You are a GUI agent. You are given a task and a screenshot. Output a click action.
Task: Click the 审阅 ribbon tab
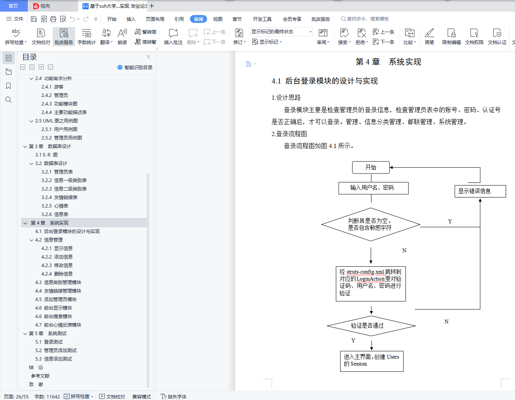(198, 19)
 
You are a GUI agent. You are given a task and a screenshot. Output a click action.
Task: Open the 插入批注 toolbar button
(173, 37)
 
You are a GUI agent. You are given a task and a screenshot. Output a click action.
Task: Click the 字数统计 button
(87, 37)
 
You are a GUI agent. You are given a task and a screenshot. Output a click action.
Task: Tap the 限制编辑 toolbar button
(451, 37)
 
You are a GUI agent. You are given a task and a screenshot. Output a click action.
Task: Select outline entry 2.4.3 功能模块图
(59, 104)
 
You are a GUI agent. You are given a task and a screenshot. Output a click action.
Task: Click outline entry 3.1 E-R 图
(46, 155)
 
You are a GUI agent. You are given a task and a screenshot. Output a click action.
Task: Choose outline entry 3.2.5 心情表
(55, 206)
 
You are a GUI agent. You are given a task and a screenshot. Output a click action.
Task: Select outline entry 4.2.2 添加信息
(57, 257)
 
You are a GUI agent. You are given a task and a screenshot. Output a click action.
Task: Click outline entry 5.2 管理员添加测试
(56, 350)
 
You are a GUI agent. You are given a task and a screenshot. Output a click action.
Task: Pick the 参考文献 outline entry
(40, 376)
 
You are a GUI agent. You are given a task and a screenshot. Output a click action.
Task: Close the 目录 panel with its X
(148, 57)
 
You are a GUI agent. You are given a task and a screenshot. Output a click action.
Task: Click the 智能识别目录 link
(135, 68)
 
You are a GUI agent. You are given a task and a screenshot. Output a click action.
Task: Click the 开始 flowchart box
(371, 168)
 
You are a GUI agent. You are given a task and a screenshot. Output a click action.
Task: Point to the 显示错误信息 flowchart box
(480, 191)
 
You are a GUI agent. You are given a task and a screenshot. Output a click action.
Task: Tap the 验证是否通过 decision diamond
(371, 326)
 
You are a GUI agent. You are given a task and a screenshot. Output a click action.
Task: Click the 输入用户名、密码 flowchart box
(373, 188)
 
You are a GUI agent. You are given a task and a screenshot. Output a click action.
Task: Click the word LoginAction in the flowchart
(371, 279)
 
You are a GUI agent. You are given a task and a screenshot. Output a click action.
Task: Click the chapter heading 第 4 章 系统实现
(388, 62)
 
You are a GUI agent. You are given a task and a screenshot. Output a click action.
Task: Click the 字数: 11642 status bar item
(47, 397)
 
